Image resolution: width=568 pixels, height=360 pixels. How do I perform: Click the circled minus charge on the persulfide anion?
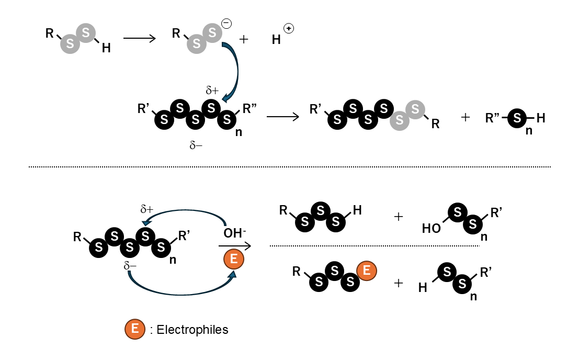226,24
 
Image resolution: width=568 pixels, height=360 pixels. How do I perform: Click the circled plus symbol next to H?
289,28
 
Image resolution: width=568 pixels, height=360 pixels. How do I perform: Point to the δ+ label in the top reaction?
211,90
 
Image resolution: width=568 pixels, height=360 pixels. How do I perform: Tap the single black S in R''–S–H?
517,119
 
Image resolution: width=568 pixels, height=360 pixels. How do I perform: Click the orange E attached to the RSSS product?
367,271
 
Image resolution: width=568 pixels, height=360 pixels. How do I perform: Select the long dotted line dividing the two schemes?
289,167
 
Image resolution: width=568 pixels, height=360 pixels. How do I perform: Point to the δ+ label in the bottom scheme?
146,209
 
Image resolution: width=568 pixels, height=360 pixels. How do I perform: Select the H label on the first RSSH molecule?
106,48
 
